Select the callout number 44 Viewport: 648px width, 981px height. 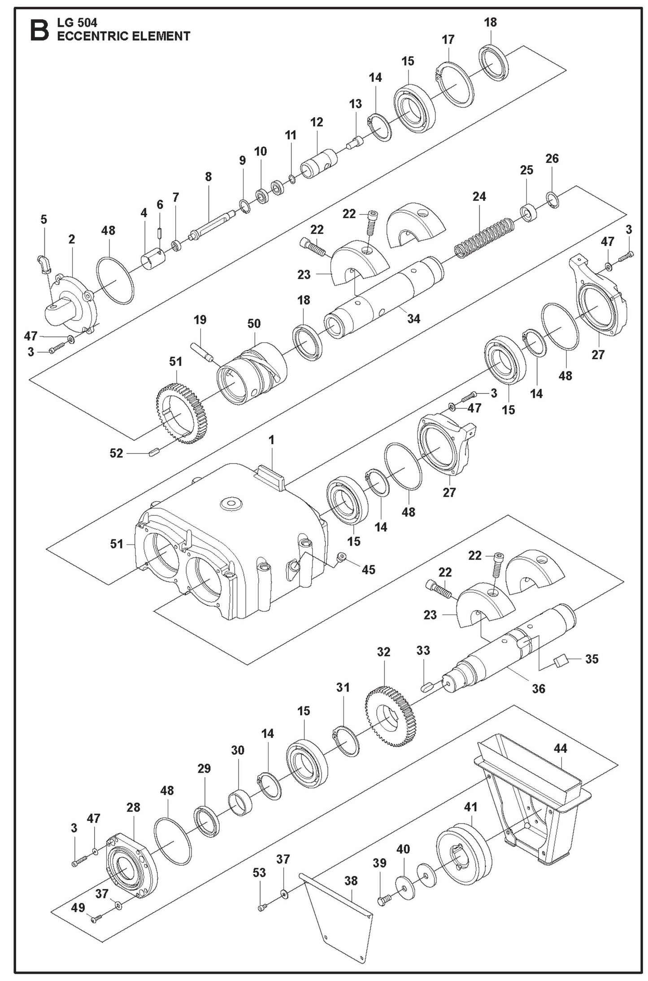click(x=560, y=748)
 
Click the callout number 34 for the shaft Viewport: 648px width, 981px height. click(x=413, y=318)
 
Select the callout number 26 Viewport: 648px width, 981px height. click(x=552, y=158)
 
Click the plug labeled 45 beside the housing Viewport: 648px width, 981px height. click(x=342, y=557)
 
